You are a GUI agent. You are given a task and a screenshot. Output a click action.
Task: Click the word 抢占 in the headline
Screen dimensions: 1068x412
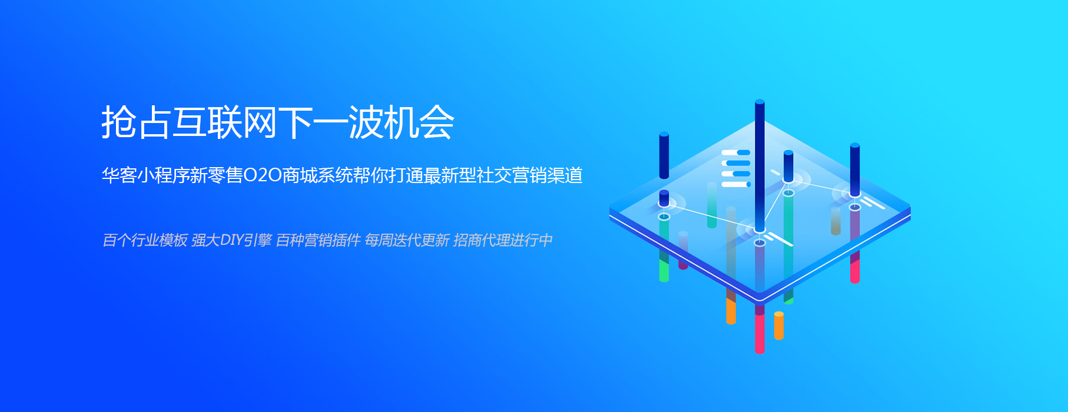click(x=136, y=122)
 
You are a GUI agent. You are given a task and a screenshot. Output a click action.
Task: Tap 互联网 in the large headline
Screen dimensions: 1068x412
click(x=224, y=122)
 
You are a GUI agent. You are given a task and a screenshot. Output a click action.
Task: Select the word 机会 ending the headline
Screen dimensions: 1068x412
click(x=419, y=122)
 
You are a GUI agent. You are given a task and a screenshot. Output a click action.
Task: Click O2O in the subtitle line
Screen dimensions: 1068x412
click(x=262, y=175)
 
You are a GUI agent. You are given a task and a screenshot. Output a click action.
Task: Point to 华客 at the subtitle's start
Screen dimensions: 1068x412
click(x=119, y=175)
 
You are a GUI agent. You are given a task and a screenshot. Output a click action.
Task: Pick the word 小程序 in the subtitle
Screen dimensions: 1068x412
click(x=163, y=175)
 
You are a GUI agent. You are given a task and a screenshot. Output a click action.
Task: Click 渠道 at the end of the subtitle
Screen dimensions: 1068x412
click(x=565, y=175)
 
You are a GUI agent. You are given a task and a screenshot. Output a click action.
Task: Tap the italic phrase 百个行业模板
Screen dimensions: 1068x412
click(x=145, y=240)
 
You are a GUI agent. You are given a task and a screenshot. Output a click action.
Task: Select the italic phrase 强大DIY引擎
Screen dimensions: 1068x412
click(x=231, y=240)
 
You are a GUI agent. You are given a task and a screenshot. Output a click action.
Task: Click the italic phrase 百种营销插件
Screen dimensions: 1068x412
click(x=318, y=240)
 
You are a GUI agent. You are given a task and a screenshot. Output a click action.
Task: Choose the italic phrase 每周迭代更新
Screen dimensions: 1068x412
click(x=407, y=240)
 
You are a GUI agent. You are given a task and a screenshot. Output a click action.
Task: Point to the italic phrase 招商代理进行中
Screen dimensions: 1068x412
click(x=503, y=240)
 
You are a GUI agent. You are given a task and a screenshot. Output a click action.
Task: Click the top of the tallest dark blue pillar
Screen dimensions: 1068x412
click(x=759, y=102)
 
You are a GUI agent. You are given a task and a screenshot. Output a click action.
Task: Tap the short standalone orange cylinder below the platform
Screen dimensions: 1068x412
click(x=779, y=325)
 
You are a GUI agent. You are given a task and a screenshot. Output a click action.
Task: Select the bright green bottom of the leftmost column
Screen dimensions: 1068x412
click(x=664, y=271)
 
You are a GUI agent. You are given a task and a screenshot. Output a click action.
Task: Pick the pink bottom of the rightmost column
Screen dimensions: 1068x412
click(x=855, y=272)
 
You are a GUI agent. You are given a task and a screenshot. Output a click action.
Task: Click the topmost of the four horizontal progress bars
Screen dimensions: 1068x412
click(x=736, y=152)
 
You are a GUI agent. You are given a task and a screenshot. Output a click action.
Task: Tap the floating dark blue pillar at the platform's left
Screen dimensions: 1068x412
click(x=664, y=155)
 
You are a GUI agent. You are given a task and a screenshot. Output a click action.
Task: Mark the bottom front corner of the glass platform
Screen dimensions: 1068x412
click(x=759, y=301)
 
